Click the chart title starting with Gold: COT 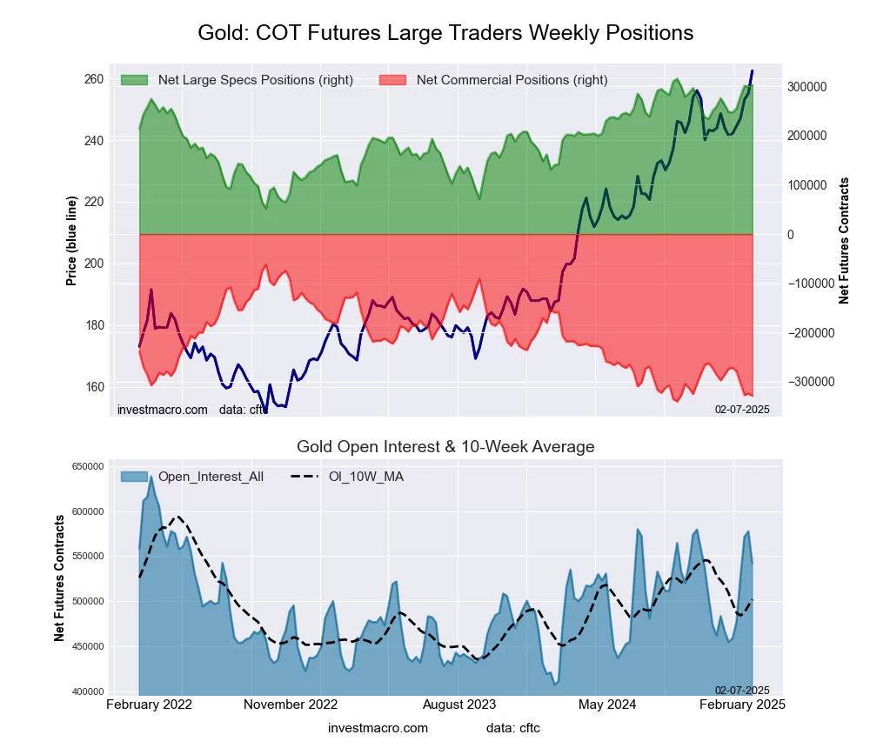pos(445,33)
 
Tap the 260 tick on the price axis pos(93,79)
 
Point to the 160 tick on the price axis pos(93,387)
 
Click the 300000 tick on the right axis pos(806,87)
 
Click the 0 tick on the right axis pos(791,235)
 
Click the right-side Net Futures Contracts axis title pos(844,240)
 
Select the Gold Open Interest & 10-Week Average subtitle pos(445,447)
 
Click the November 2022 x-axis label pos(291,704)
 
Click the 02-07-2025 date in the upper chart pos(742,409)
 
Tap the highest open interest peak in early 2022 pos(151,477)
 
